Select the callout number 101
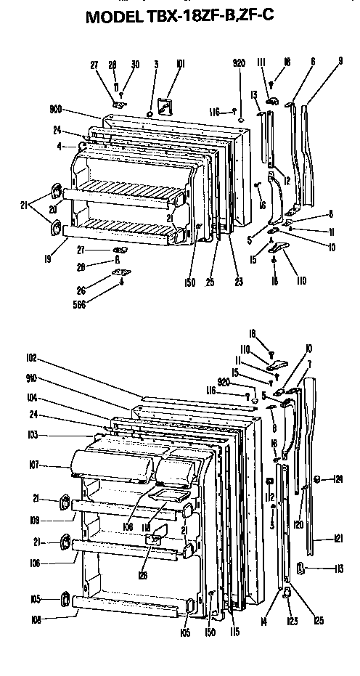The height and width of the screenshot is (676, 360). pyautogui.click(x=180, y=64)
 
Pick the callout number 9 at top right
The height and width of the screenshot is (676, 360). pyautogui.click(x=340, y=62)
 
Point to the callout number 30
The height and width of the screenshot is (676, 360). pyautogui.click(x=134, y=65)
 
